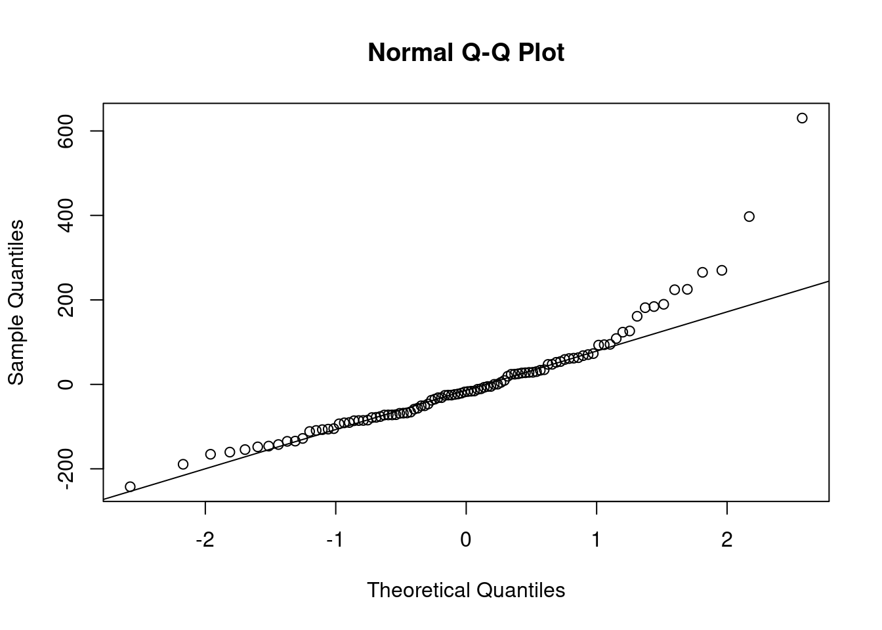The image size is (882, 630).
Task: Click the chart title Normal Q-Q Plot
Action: tap(466, 52)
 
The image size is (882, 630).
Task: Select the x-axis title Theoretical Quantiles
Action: tap(466, 590)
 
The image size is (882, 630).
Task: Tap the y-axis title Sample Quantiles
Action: tap(16, 303)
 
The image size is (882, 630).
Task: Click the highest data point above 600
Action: tap(802, 118)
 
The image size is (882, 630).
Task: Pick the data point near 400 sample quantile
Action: tap(749, 217)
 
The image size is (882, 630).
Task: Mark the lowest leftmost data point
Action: tap(130, 486)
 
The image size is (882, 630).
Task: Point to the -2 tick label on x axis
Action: tap(205, 541)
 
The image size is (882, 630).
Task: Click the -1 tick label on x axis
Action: tap(335, 541)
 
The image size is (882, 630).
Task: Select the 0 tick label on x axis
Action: tap(466, 541)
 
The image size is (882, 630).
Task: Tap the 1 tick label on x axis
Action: tap(597, 541)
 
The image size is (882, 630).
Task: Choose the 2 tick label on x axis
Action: tap(726, 541)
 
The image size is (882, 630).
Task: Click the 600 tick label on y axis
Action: tap(66, 131)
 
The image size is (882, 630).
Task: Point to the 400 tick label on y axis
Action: tap(66, 215)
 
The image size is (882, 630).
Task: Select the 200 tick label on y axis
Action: tap(66, 300)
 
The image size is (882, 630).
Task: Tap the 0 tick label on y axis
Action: tap(66, 384)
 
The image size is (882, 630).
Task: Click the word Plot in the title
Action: tap(541, 52)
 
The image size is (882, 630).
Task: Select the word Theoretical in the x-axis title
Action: tap(418, 590)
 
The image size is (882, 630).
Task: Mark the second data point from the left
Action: tap(183, 464)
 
